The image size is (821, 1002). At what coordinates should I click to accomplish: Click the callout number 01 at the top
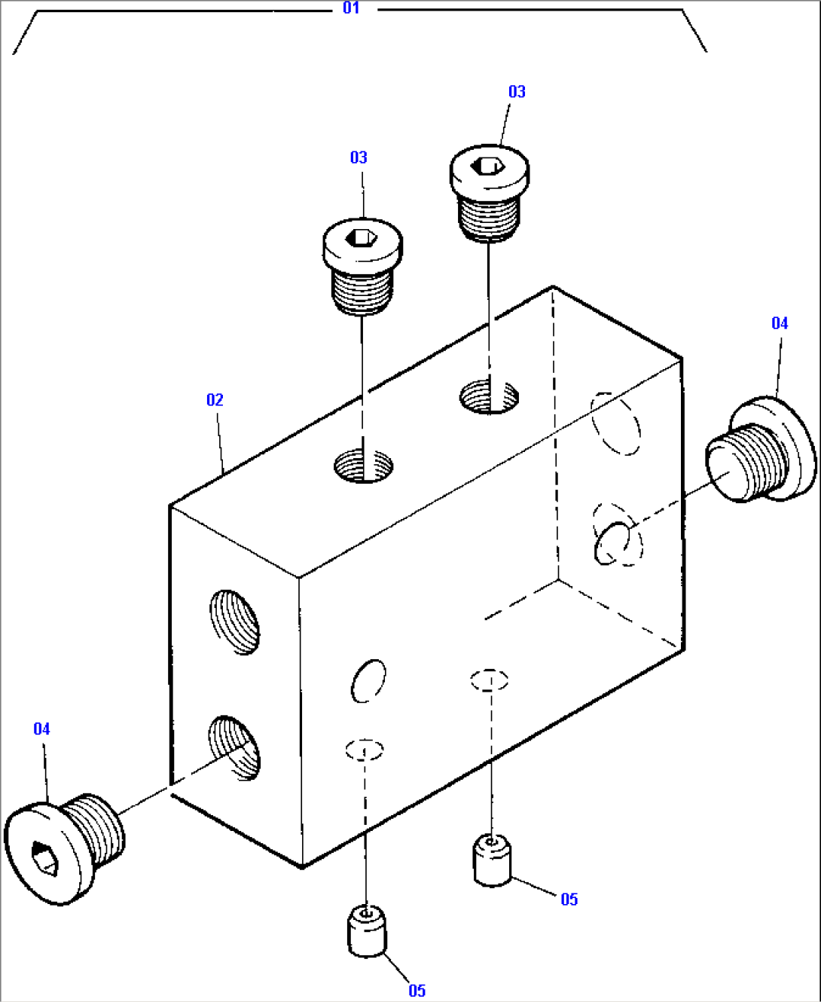pyautogui.click(x=351, y=8)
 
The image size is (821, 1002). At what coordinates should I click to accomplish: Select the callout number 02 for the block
pyautogui.click(x=215, y=400)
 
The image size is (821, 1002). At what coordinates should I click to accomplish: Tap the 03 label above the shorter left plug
pyautogui.click(x=359, y=157)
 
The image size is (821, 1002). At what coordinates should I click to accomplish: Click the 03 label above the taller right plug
pyautogui.click(x=517, y=92)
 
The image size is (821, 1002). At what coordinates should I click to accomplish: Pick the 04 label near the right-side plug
pyautogui.click(x=780, y=323)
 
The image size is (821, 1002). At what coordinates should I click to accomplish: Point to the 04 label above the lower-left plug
pyautogui.click(x=41, y=729)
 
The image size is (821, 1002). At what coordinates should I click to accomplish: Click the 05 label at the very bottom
pyautogui.click(x=417, y=991)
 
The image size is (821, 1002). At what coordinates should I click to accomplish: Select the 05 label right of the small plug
pyautogui.click(x=569, y=900)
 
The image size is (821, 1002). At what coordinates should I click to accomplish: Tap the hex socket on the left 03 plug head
pyautogui.click(x=362, y=238)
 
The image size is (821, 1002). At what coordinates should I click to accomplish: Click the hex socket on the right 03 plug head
pyautogui.click(x=489, y=166)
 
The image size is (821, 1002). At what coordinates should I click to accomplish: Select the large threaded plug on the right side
pyautogui.click(x=761, y=451)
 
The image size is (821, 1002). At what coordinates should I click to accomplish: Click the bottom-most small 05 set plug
pyautogui.click(x=367, y=933)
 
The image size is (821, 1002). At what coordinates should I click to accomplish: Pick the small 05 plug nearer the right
pyautogui.click(x=492, y=862)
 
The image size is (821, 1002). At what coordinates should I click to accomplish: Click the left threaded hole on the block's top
pyautogui.click(x=364, y=466)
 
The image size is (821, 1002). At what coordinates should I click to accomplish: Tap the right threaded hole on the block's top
pyautogui.click(x=490, y=396)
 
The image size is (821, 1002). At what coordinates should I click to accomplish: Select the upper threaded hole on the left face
pyautogui.click(x=235, y=622)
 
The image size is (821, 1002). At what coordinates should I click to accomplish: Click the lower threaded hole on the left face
pyautogui.click(x=234, y=747)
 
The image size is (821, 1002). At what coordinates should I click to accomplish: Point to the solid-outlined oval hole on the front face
pyautogui.click(x=368, y=680)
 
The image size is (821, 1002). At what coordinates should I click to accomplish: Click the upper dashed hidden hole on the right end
pyautogui.click(x=616, y=424)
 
